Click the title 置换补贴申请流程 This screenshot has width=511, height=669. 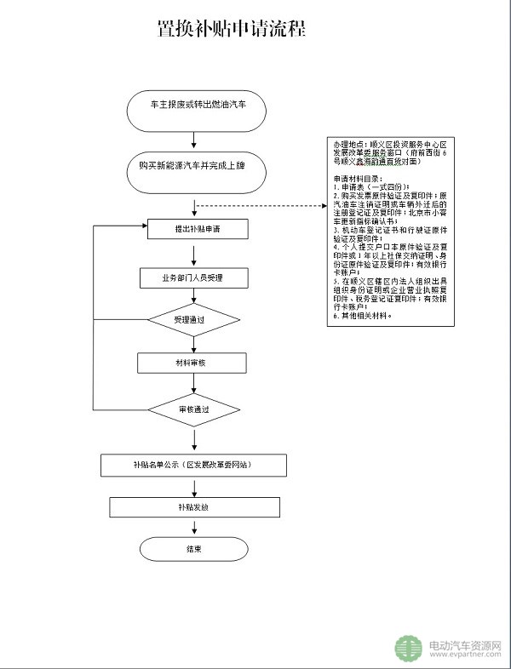pos(231,29)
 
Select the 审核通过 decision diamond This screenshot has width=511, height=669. pos(194,409)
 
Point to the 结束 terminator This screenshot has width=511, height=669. pos(194,550)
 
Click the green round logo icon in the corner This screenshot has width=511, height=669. pos(408,649)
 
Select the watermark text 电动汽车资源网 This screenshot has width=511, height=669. pos(465,645)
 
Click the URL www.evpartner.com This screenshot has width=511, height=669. pos(465,657)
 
